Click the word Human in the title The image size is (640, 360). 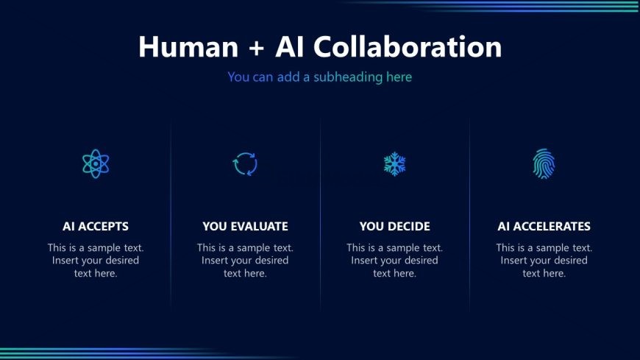tap(188, 46)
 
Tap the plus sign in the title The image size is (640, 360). tap(256, 47)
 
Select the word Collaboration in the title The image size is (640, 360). tap(408, 46)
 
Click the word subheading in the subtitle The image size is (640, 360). tap(348, 77)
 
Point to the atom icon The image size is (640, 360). tap(96, 163)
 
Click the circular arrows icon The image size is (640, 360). tap(245, 164)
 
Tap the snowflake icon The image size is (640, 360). tap(395, 164)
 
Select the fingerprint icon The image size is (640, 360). tap(544, 163)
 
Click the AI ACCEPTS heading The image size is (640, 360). tap(96, 226)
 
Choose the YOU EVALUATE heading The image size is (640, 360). tap(245, 226)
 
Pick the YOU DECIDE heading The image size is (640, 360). tap(395, 226)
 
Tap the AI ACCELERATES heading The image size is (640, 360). tap(544, 226)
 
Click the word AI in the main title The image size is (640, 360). tap(290, 46)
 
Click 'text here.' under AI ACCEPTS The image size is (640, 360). tap(96, 273)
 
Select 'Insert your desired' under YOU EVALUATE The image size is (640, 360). tap(245, 261)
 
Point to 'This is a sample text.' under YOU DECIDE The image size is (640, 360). tap(395, 247)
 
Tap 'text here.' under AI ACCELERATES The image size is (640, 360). tap(544, 273)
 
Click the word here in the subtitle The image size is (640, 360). tap(399, 77)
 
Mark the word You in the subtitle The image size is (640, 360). tap(238, 77)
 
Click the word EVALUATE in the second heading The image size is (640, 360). tap(259, 226)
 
